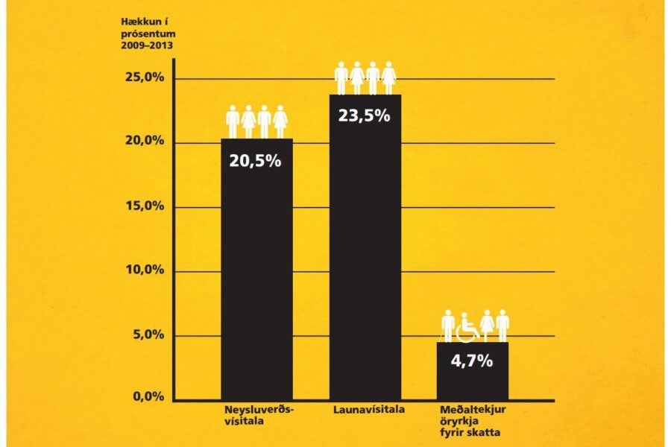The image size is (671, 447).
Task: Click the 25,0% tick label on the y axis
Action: pos(143,78)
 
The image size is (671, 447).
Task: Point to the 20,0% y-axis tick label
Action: pos(143,142)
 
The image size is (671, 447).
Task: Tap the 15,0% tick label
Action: pos(143,206)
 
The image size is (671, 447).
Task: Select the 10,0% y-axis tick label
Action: pos(143,270)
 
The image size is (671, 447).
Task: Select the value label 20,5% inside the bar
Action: pos(255,160)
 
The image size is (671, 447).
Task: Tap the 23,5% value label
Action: pos(365,116)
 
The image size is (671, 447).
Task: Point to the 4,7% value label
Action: pos(472,361)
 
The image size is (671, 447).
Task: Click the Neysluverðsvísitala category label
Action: pos(259,416)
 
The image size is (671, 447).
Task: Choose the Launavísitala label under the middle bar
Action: pos(365,410)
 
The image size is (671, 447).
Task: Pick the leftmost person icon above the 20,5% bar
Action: pos(233,121)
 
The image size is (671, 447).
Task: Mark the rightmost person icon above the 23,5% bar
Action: pos(388,77)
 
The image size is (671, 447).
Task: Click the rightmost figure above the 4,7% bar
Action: pos(503,326)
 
